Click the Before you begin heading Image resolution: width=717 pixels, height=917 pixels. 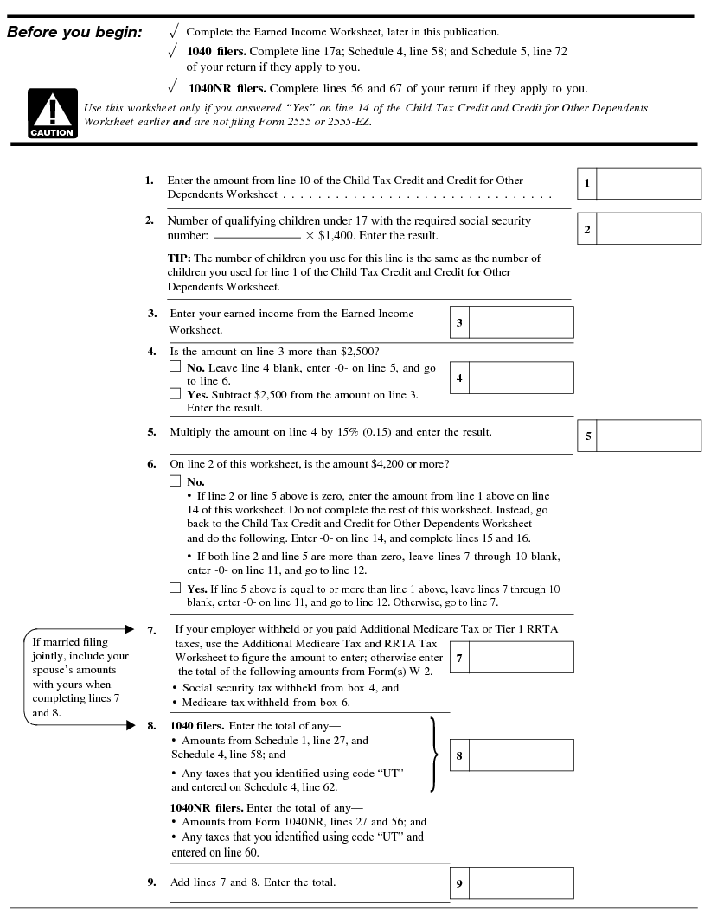point(74,33)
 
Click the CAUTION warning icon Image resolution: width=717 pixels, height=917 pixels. point(53,114)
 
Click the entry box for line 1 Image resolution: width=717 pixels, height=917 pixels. point(648,183)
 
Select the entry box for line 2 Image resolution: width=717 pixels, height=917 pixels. point(648,229)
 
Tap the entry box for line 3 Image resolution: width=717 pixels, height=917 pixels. point(521,322)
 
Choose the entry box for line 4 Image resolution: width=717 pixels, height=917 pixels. point(521,378)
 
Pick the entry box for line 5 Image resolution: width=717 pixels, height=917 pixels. point(648,436)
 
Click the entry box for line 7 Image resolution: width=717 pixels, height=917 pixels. point(521,658)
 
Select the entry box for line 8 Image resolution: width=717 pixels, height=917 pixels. point(521,755)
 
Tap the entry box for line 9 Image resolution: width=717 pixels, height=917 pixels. point(521,882)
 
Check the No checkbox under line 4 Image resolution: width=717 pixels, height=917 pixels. point(176,367)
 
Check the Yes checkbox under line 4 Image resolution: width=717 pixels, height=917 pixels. point(176,394)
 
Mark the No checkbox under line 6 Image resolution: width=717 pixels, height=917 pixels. point(176,481)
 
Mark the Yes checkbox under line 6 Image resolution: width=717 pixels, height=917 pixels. point(176,588)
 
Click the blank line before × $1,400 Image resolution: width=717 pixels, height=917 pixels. point(256,236)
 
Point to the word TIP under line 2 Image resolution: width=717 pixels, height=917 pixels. point(179,258)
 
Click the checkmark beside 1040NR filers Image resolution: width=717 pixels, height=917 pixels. point(174,87)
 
